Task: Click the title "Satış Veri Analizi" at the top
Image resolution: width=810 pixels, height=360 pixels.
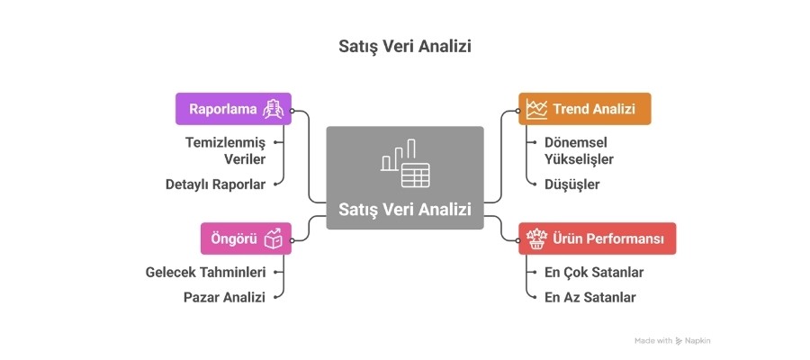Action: (404, 45)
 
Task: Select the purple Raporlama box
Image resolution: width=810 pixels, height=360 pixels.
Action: (232, 110)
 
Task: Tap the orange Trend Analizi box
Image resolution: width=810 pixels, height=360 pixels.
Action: (584, 109)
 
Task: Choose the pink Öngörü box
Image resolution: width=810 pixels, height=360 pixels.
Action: (245, 238)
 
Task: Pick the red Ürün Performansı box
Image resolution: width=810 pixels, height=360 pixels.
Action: (597, 238)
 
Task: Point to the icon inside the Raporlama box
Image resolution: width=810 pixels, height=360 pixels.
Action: (273, 110)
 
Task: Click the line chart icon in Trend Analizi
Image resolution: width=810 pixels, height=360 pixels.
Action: (537, 109)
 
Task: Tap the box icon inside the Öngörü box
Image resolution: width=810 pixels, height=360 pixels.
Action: (274, 238)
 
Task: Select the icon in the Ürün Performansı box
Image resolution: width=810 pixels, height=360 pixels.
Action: (537, 238)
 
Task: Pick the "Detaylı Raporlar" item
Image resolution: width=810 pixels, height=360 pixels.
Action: (215, 184)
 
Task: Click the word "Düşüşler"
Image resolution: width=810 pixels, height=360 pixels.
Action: (571, 184)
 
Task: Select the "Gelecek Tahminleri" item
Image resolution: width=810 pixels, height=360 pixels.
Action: (205, 272)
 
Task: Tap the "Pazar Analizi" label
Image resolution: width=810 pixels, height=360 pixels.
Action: (224, 296)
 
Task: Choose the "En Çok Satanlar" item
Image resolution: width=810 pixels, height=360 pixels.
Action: (594, 272)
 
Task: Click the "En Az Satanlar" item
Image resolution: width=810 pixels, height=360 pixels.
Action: (589, 296)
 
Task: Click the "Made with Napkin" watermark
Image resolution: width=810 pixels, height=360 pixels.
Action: (672, 341)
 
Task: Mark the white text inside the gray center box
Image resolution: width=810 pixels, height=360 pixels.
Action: (405, 210)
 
